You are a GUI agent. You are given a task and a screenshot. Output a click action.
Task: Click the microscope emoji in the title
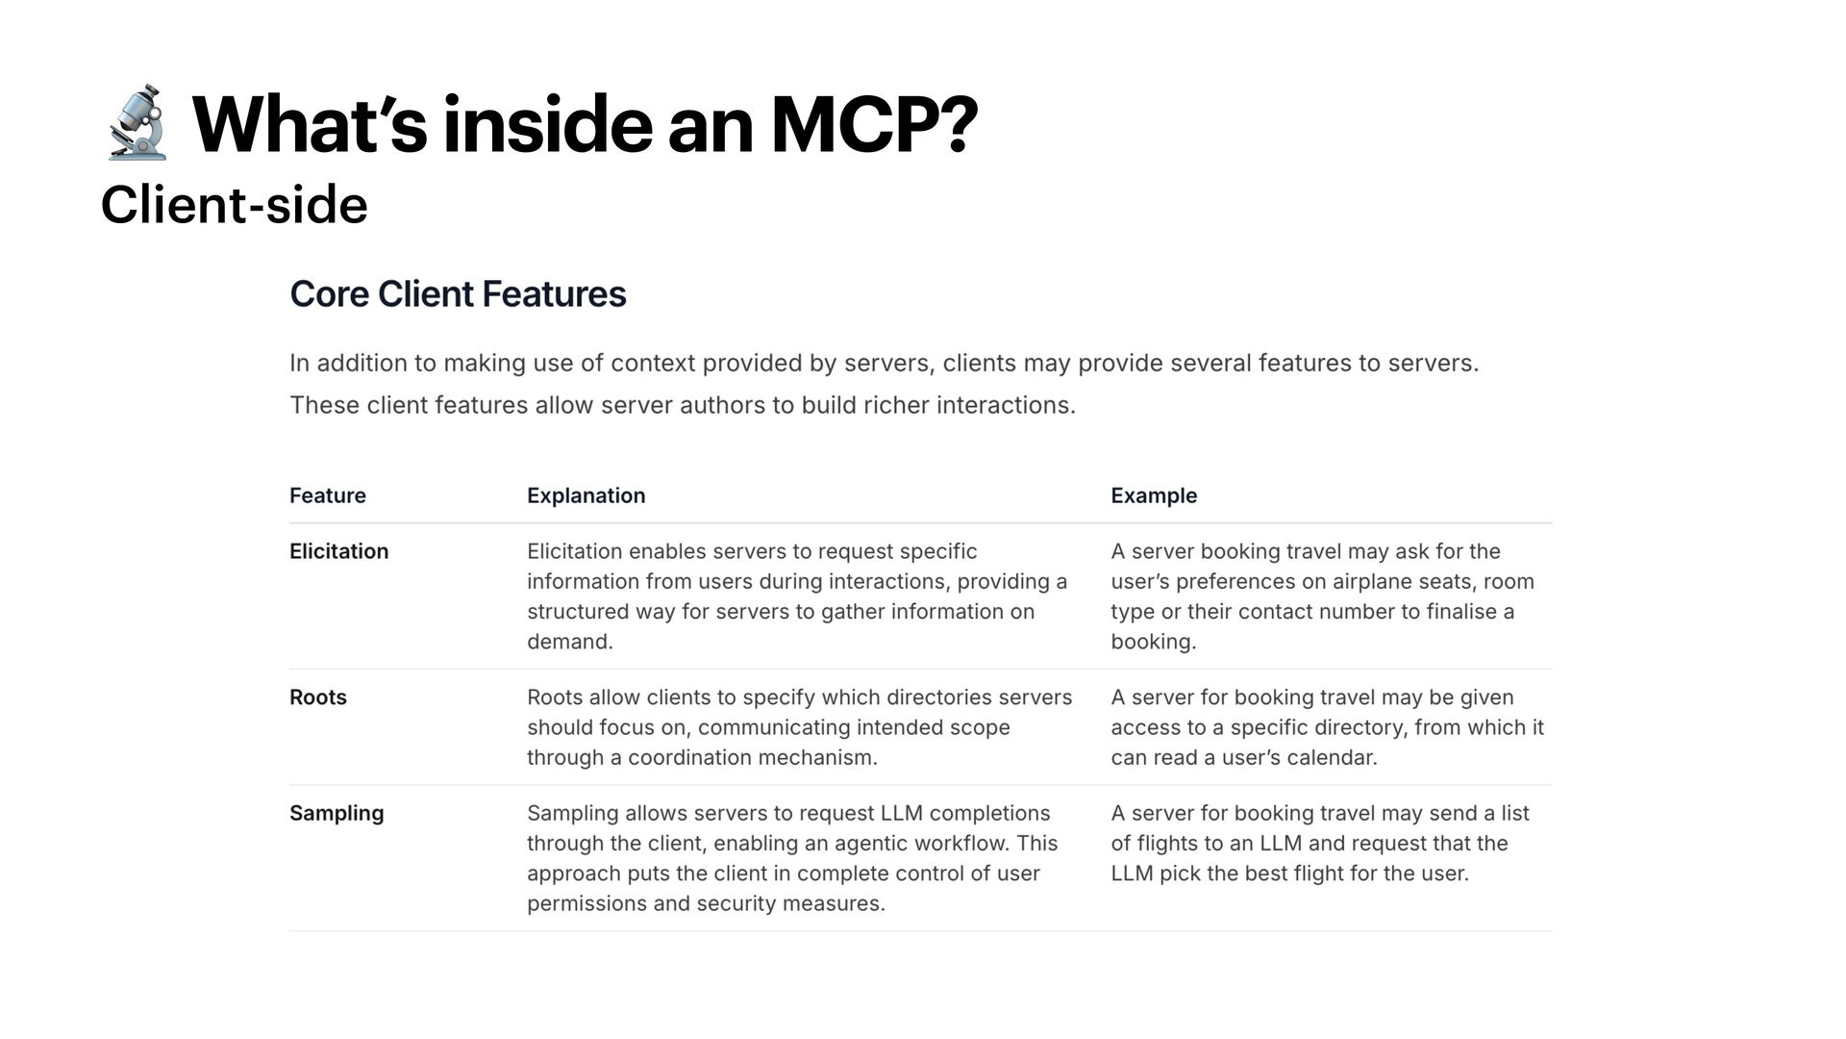tap(137, 123)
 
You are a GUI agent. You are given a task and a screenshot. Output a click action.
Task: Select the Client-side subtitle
tap(234, 205)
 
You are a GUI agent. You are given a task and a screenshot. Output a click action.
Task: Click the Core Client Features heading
tap(458, 294)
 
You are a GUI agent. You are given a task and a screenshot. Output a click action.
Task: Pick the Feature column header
tap(328, 495)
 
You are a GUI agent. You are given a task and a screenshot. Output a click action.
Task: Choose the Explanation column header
tap(586, 495)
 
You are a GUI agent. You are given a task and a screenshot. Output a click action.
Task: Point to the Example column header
tap(1154, 495)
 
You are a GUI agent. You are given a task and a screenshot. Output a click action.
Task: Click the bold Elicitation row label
tap(338, 551)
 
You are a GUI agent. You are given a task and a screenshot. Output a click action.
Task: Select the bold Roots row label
tap(317, 697)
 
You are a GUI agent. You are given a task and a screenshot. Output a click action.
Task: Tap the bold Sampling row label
tap(337, 813)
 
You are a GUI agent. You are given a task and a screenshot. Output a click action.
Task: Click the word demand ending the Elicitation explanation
tap(566, 642)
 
